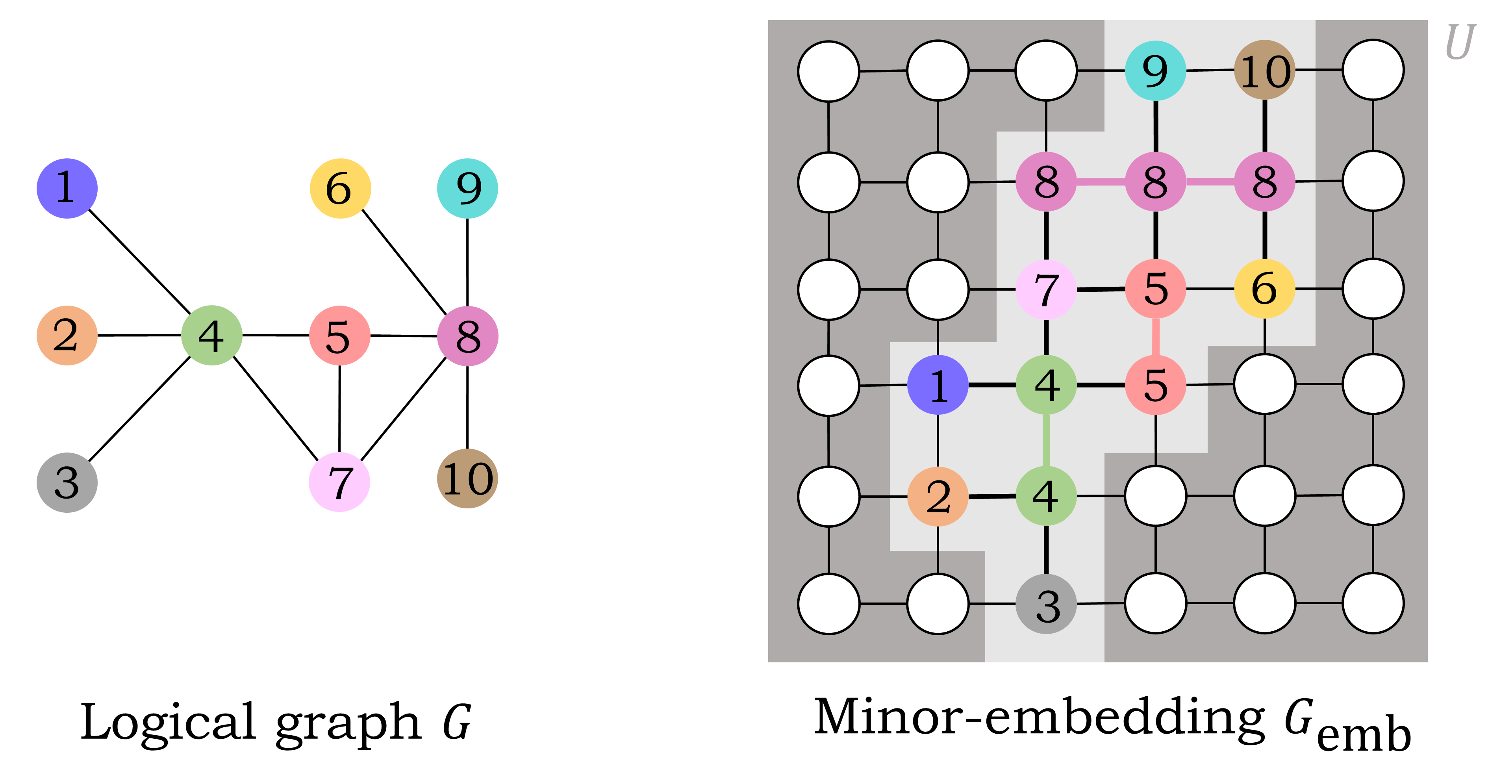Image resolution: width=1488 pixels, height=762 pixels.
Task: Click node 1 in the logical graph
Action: [67, 188]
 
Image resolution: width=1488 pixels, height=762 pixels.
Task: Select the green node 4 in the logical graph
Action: [211, 335]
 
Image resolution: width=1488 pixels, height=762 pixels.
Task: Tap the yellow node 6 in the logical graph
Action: [340, 188]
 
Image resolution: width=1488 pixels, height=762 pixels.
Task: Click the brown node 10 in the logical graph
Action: [467, 478]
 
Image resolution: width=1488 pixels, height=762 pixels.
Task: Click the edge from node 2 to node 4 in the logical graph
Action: [139, 335]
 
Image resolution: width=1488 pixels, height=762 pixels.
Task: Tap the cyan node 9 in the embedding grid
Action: [1155, 70]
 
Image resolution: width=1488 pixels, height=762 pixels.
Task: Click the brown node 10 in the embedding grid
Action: [1264, 70]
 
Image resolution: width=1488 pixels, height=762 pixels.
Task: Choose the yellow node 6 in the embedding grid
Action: [1264, 288]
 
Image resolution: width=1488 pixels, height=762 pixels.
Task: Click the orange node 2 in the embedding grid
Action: [938, 496]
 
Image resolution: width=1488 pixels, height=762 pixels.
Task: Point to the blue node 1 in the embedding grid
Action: [938, 385]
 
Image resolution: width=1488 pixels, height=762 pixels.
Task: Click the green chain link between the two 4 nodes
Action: [1046, 440]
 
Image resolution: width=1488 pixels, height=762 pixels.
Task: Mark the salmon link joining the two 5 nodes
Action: [1155, 337]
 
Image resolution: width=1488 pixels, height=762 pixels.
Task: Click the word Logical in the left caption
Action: [167, 722]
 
